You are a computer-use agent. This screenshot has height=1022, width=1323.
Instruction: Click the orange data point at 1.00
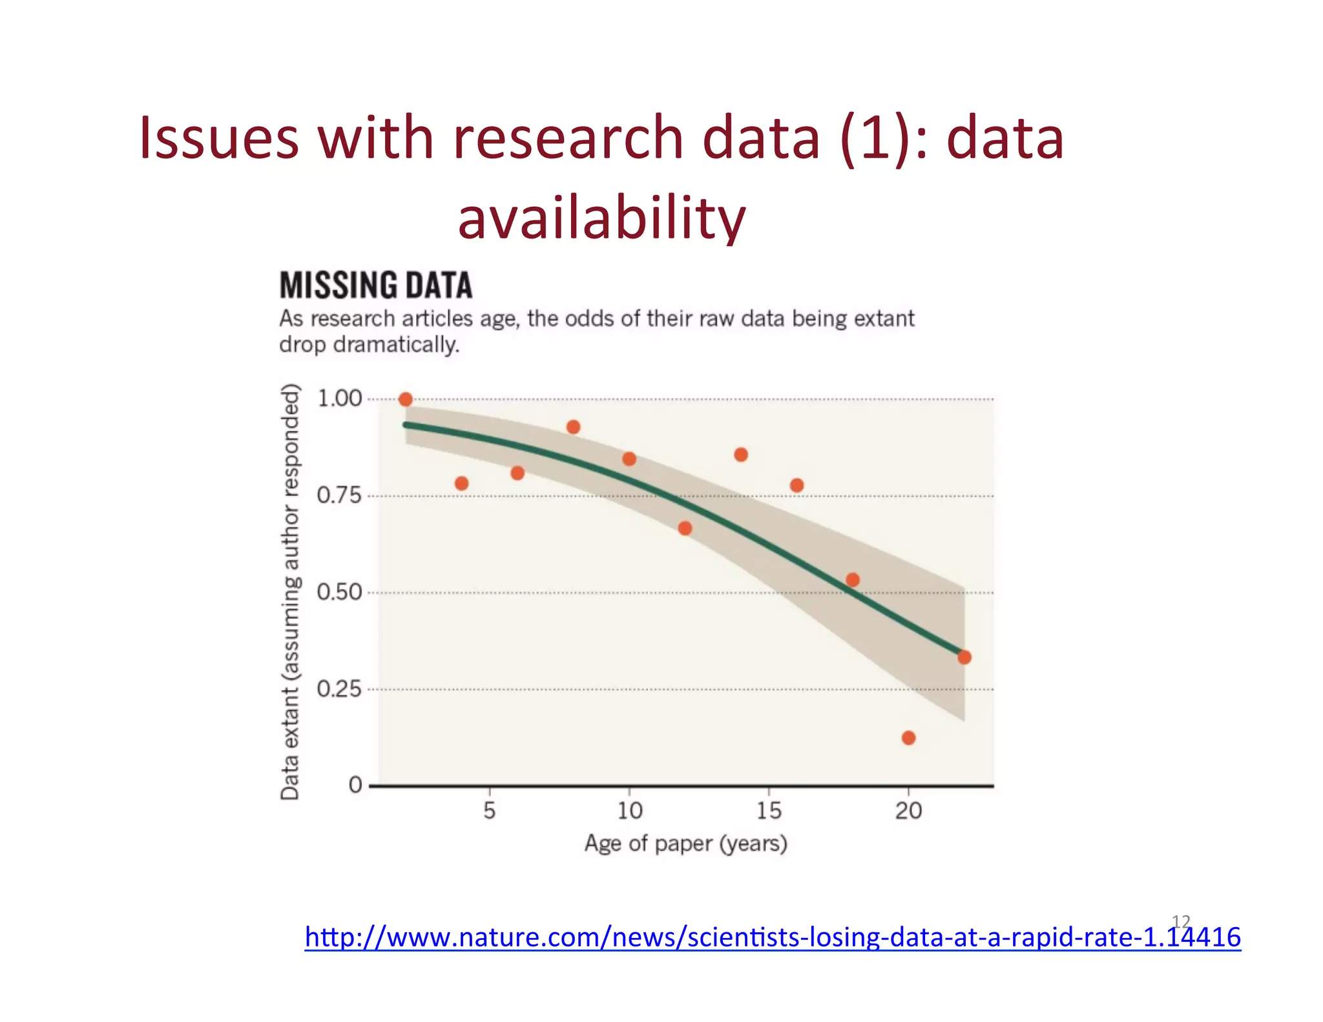pyautogui.click(x=406, y=400)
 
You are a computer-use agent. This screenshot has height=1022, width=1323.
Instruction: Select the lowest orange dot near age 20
pyautogui.click(x=908, y=738)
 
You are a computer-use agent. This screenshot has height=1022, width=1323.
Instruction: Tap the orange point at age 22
pyautogui.click(x=964, y=658)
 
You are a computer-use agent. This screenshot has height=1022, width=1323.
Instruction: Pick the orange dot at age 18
pyautogui.click(x=853, y=580)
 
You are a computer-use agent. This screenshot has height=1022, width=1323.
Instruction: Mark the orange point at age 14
pyautogui.click(x=741, y=455)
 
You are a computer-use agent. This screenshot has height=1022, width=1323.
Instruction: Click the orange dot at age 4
pyautogui.click(x=461, y=483)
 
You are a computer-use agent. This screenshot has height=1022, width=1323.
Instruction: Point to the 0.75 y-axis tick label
pyautogui.click(x=339, y=496)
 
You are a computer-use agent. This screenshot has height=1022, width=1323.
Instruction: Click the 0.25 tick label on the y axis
pyautogui.click(x=339, y=689)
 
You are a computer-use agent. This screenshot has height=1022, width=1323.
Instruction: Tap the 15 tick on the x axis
pyautogui.click(x=769, y=810)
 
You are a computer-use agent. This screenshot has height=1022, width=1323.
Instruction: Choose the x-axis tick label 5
pyautogui.click(x=490, y=810)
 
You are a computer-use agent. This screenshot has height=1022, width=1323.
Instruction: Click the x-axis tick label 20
pyautogui.click(x=908, y=810)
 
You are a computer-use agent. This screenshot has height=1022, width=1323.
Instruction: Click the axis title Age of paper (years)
pyautogui.click(x=686, y=844)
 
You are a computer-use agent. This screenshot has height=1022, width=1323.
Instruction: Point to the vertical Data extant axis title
pyautogui.click(x=290, y=592)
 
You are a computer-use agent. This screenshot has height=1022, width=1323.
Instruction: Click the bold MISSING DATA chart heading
pyautogui.click(x=376, y=286)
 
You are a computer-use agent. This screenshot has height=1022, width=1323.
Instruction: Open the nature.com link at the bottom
pyautogui.click(x=773, y=937)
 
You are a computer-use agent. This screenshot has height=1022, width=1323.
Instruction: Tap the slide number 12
pyautogui.click(x=1181, y=921)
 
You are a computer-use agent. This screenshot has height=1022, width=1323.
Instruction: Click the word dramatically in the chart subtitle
pyautogui.click(x=396, y=345)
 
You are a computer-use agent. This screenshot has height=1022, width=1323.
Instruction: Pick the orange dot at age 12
pyautogui.click(x=685, y=528)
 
